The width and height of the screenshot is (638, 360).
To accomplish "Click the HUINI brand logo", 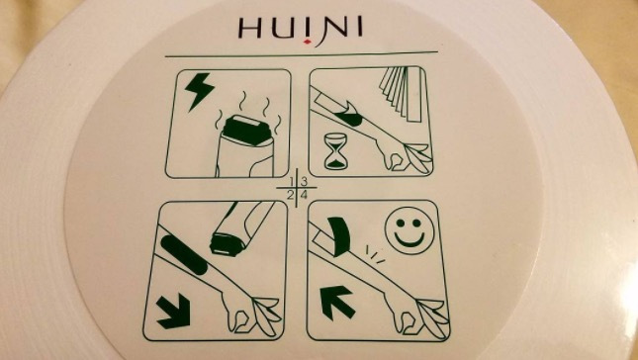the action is click(301, 30).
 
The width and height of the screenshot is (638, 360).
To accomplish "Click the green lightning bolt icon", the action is click(199, 91).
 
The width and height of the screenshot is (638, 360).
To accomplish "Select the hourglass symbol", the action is click(336, 151).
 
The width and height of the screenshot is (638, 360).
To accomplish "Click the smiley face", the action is click(410, 233).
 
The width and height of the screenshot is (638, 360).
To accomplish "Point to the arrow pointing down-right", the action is click(174, 312).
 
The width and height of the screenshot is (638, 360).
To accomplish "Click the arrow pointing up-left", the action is click(335, 302).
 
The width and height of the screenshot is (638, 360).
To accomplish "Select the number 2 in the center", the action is click(290, 195).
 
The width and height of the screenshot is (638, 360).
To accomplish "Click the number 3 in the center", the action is click(304, 182).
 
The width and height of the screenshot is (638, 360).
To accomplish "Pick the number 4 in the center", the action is click(304, 195).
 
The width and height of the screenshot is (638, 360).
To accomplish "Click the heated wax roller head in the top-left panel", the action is click(246, 130).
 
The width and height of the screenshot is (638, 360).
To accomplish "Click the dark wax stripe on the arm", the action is click(184, 254).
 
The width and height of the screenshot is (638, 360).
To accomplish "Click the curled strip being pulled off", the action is click(338, 236).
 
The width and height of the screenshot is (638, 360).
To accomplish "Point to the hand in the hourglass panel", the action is click(402, 156).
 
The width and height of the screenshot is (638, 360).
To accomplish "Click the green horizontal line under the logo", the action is click(302, 54).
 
